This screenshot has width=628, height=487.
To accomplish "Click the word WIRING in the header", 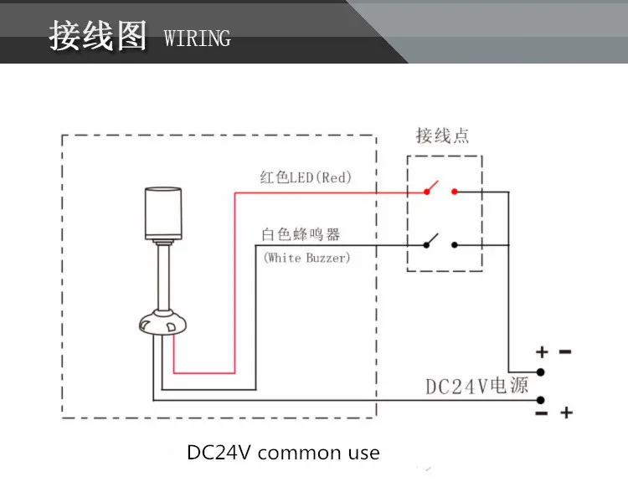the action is click(198, 38).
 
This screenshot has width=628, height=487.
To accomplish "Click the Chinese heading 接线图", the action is click(98, 36).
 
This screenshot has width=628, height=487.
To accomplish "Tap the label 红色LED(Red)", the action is click(306, 177).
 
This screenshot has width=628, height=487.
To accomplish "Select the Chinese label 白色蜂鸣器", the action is click(301, 234).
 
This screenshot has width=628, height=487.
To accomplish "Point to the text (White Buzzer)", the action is click(306, 257).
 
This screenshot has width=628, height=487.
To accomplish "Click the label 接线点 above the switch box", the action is click(443, 136).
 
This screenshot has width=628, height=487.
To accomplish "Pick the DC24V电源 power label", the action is click(476, 386).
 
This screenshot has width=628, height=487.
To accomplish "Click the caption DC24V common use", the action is click(283, 453).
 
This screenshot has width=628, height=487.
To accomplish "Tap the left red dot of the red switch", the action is click(427, 192).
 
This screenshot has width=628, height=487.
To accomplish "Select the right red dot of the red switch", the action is click(454, 192).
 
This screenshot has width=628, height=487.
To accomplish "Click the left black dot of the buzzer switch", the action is click(426, 245).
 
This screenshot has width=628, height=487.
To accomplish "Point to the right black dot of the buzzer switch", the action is click(454, 244).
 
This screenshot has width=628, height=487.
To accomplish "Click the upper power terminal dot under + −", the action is click(540, 372).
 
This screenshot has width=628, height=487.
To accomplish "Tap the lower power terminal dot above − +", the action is click(540, 400).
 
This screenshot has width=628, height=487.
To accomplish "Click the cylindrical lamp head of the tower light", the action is click(163, 213).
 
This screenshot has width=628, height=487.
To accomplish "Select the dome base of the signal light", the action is click(162, 322).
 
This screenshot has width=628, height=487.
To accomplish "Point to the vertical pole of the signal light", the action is click(163, 277).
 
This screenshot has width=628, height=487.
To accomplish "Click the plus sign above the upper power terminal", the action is click(542, 351).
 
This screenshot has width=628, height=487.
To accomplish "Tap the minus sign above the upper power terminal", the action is click(565, 351).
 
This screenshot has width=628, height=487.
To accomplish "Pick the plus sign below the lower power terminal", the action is click(566, 413).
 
